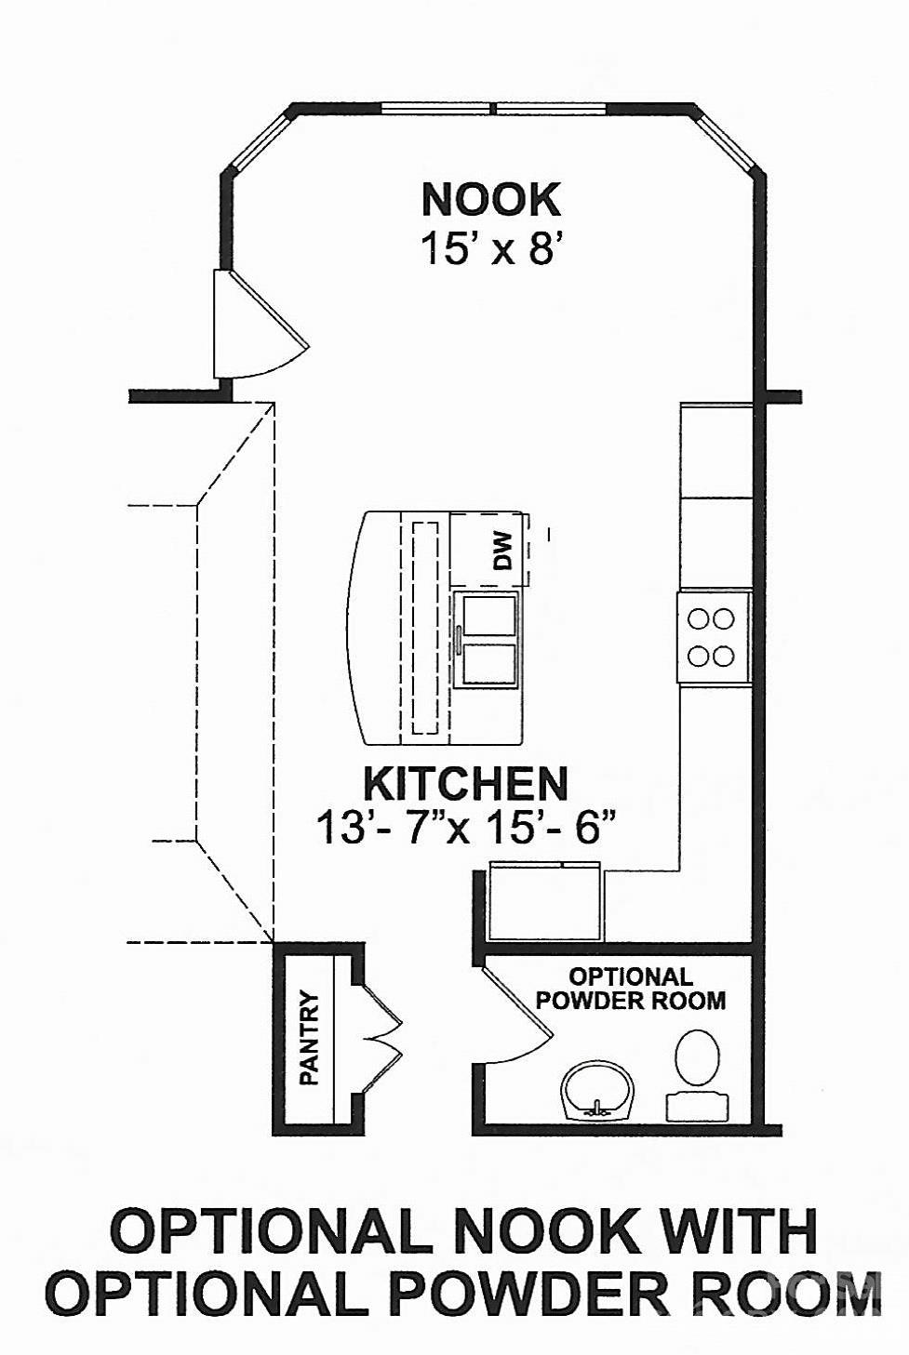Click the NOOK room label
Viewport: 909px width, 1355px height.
tap(490, 200)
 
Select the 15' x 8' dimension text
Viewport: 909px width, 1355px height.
tap(492, 248)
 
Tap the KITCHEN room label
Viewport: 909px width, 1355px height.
tap(465, 784)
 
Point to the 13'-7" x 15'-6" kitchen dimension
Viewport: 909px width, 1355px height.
tap(466, 828)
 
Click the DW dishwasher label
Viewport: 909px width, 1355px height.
tap(502, 550)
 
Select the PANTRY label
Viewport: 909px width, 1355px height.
tap(310, 1038)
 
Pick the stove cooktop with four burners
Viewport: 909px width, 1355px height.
tap(712, 638)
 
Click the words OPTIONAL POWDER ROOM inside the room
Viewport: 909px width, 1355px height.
tap(631, 989)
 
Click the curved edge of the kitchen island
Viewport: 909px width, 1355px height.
tap(354, 628)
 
